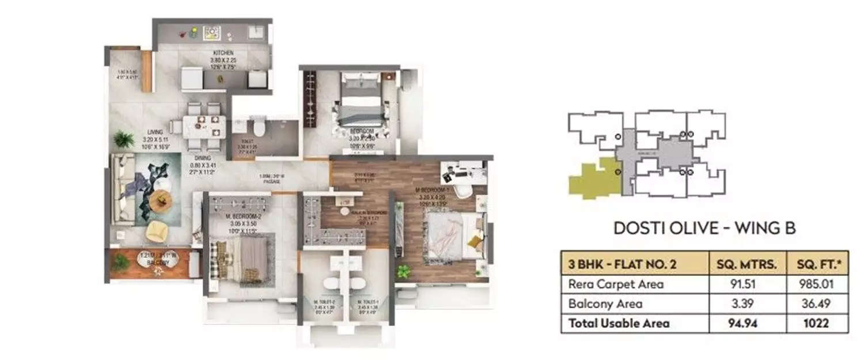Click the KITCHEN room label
click(x=222, y=53)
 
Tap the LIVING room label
click(x=155, y=132)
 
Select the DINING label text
click(x=202, y=158)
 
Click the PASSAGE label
click(x=272, y=181)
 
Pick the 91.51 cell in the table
click(x=746, y=284)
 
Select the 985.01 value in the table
click(x=817, y=284)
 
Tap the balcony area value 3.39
click(x=746, y=304)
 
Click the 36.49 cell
click(x=817, y=304)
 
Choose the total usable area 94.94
click(x=746, y=323)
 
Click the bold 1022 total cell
click(x=817, y=323)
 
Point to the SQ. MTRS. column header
click(x=746, y=264)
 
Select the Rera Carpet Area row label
click(x=616, y=284)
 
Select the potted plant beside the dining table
click(x=123, y=139)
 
